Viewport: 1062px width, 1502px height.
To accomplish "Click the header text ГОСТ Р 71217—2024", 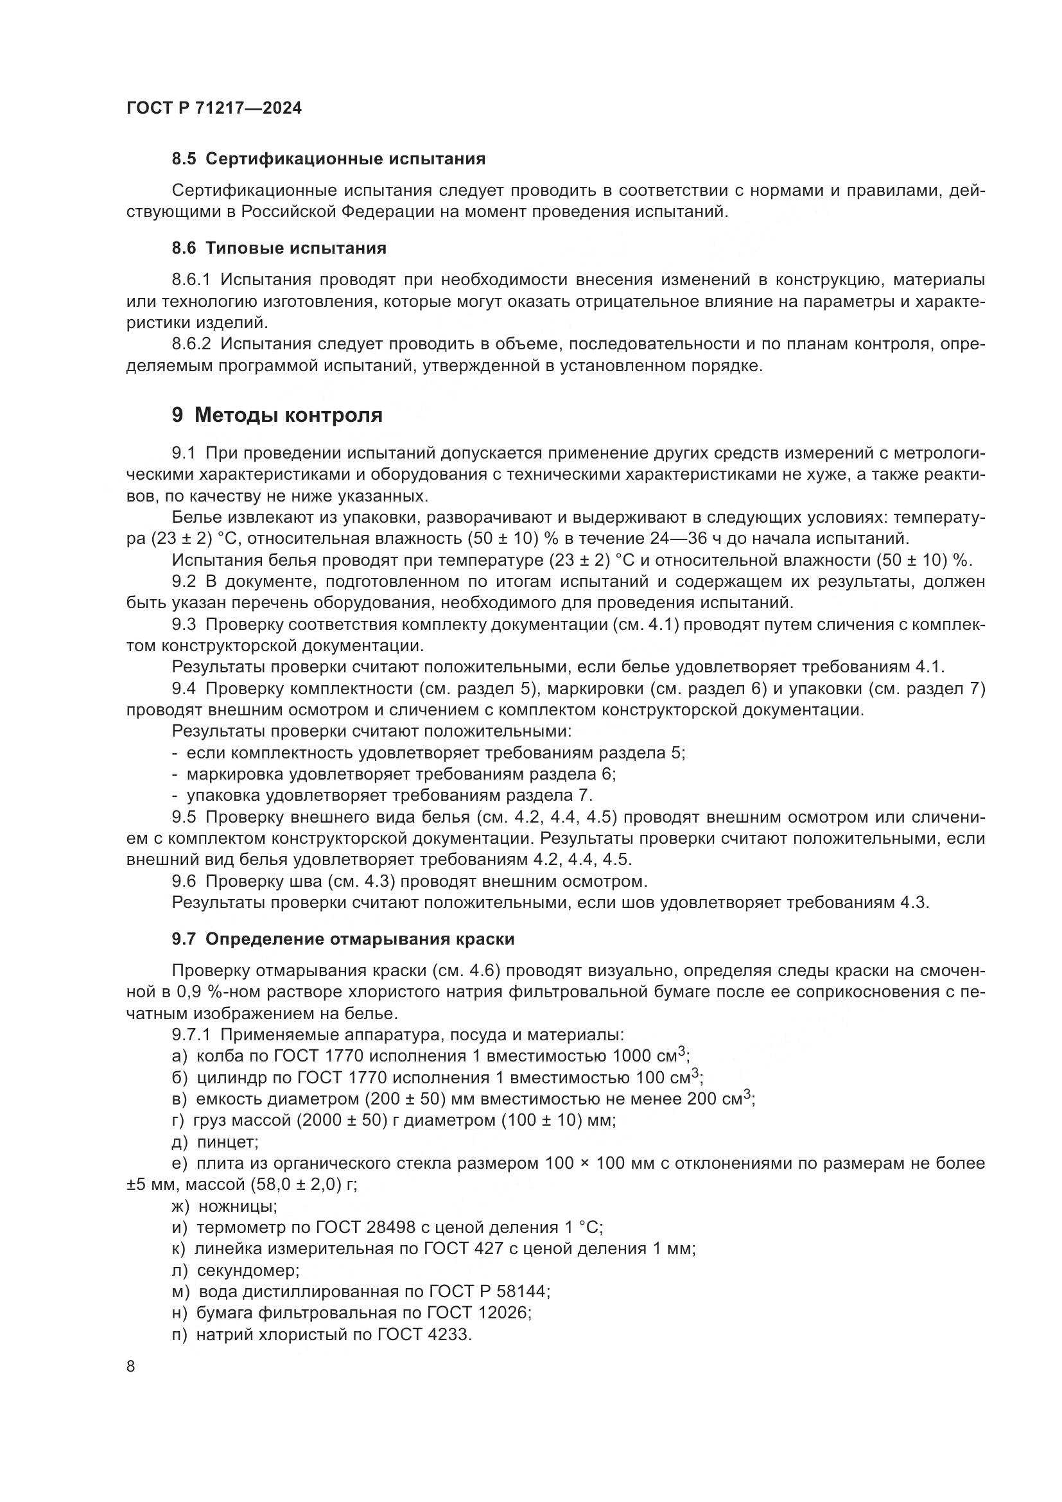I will click(x=214, y=109).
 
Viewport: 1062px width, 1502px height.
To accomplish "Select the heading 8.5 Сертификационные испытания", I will click(x=328, y=159).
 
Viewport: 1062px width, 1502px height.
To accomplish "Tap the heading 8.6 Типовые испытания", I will click(x=279, y=249).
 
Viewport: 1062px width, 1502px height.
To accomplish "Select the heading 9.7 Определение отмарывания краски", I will click(x=343, y=939).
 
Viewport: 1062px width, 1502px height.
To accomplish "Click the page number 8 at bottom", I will click(x=131, y=1367).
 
